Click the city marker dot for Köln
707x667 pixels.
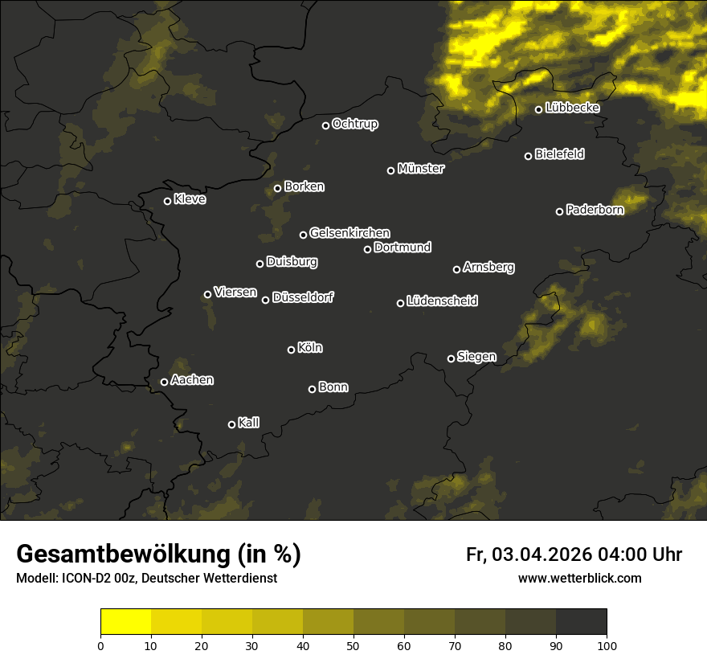[291, 350]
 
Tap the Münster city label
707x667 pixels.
[420, 169]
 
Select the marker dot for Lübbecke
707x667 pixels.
[538, 109]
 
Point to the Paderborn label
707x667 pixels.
[595, 210]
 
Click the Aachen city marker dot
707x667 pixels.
[164, 382]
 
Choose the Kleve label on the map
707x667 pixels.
[190, 199]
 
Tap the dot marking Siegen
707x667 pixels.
[451, 358]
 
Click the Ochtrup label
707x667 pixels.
[354, 124]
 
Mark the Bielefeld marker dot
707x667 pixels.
[528, 156]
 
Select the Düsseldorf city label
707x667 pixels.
[303, 297]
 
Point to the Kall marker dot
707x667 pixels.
[231, 424]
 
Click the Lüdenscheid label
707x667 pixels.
[442, 301]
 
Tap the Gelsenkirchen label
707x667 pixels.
[349, 233]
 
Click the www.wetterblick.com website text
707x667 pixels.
[579, 578]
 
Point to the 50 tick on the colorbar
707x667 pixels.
[353, 644]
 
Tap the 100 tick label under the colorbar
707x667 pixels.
[607, 644]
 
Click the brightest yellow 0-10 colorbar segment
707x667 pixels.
[125, 622]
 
